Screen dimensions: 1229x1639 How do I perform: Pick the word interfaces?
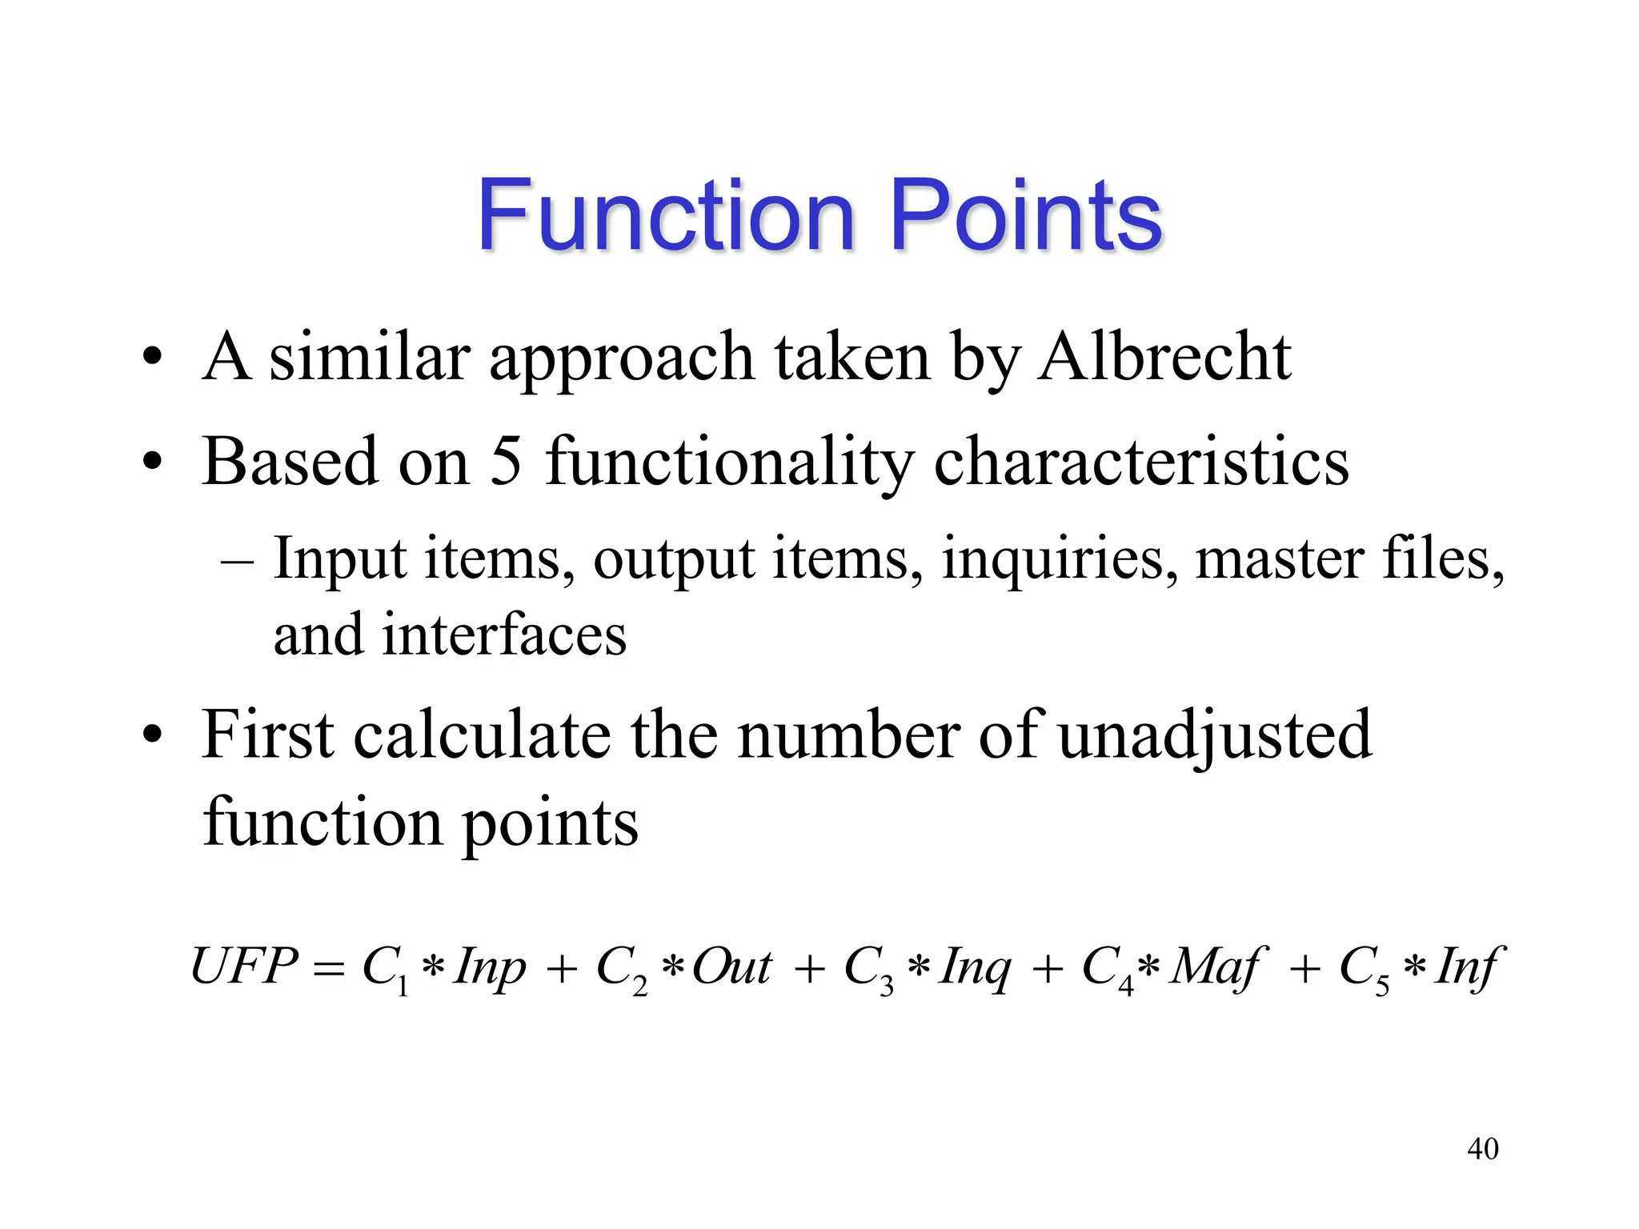503,635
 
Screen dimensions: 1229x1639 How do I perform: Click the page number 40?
1482,1149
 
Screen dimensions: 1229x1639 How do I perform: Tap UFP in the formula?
243,966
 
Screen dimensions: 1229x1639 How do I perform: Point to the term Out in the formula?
731,967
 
